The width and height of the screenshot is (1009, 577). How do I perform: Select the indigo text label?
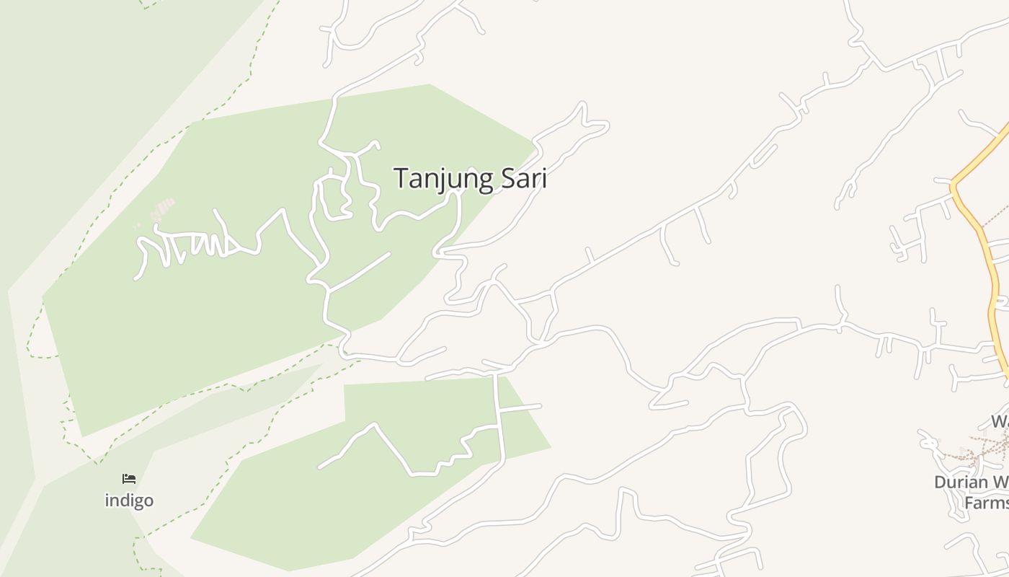click(129, 500)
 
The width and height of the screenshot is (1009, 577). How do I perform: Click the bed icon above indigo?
click(129, 479)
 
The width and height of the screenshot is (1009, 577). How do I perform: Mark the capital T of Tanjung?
click(400, 178)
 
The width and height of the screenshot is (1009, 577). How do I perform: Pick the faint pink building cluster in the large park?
click(162, 209)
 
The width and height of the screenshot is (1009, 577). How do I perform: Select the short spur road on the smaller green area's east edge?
click(520, 408)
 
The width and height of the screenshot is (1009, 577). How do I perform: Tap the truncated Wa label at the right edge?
click(1000, 421)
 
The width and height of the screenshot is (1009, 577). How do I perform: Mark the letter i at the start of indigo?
click(107, 500)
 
